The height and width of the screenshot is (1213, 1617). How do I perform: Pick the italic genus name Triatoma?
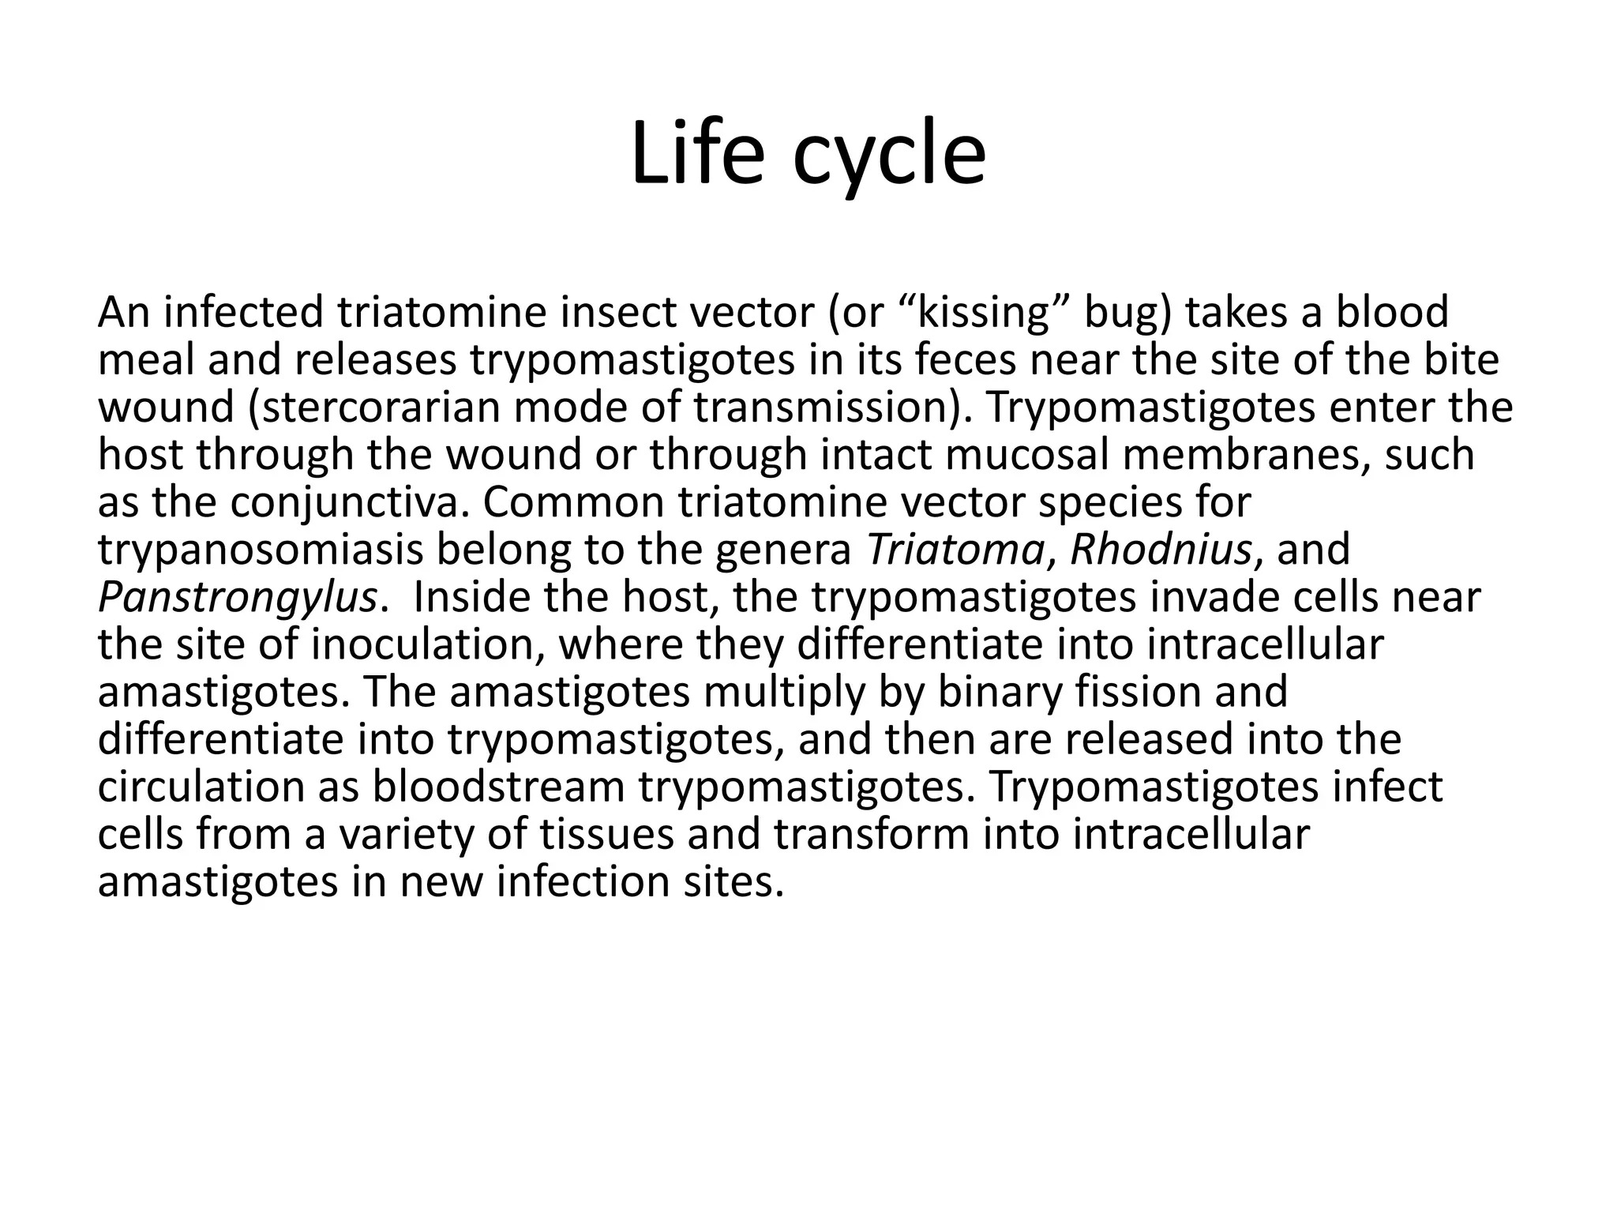tap(956, 550)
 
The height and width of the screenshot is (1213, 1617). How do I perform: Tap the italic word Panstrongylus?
tap(237, 598)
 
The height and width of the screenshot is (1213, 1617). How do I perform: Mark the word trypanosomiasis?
tap(261, 550)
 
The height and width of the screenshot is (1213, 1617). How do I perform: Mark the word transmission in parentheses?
tap(825, 407)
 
